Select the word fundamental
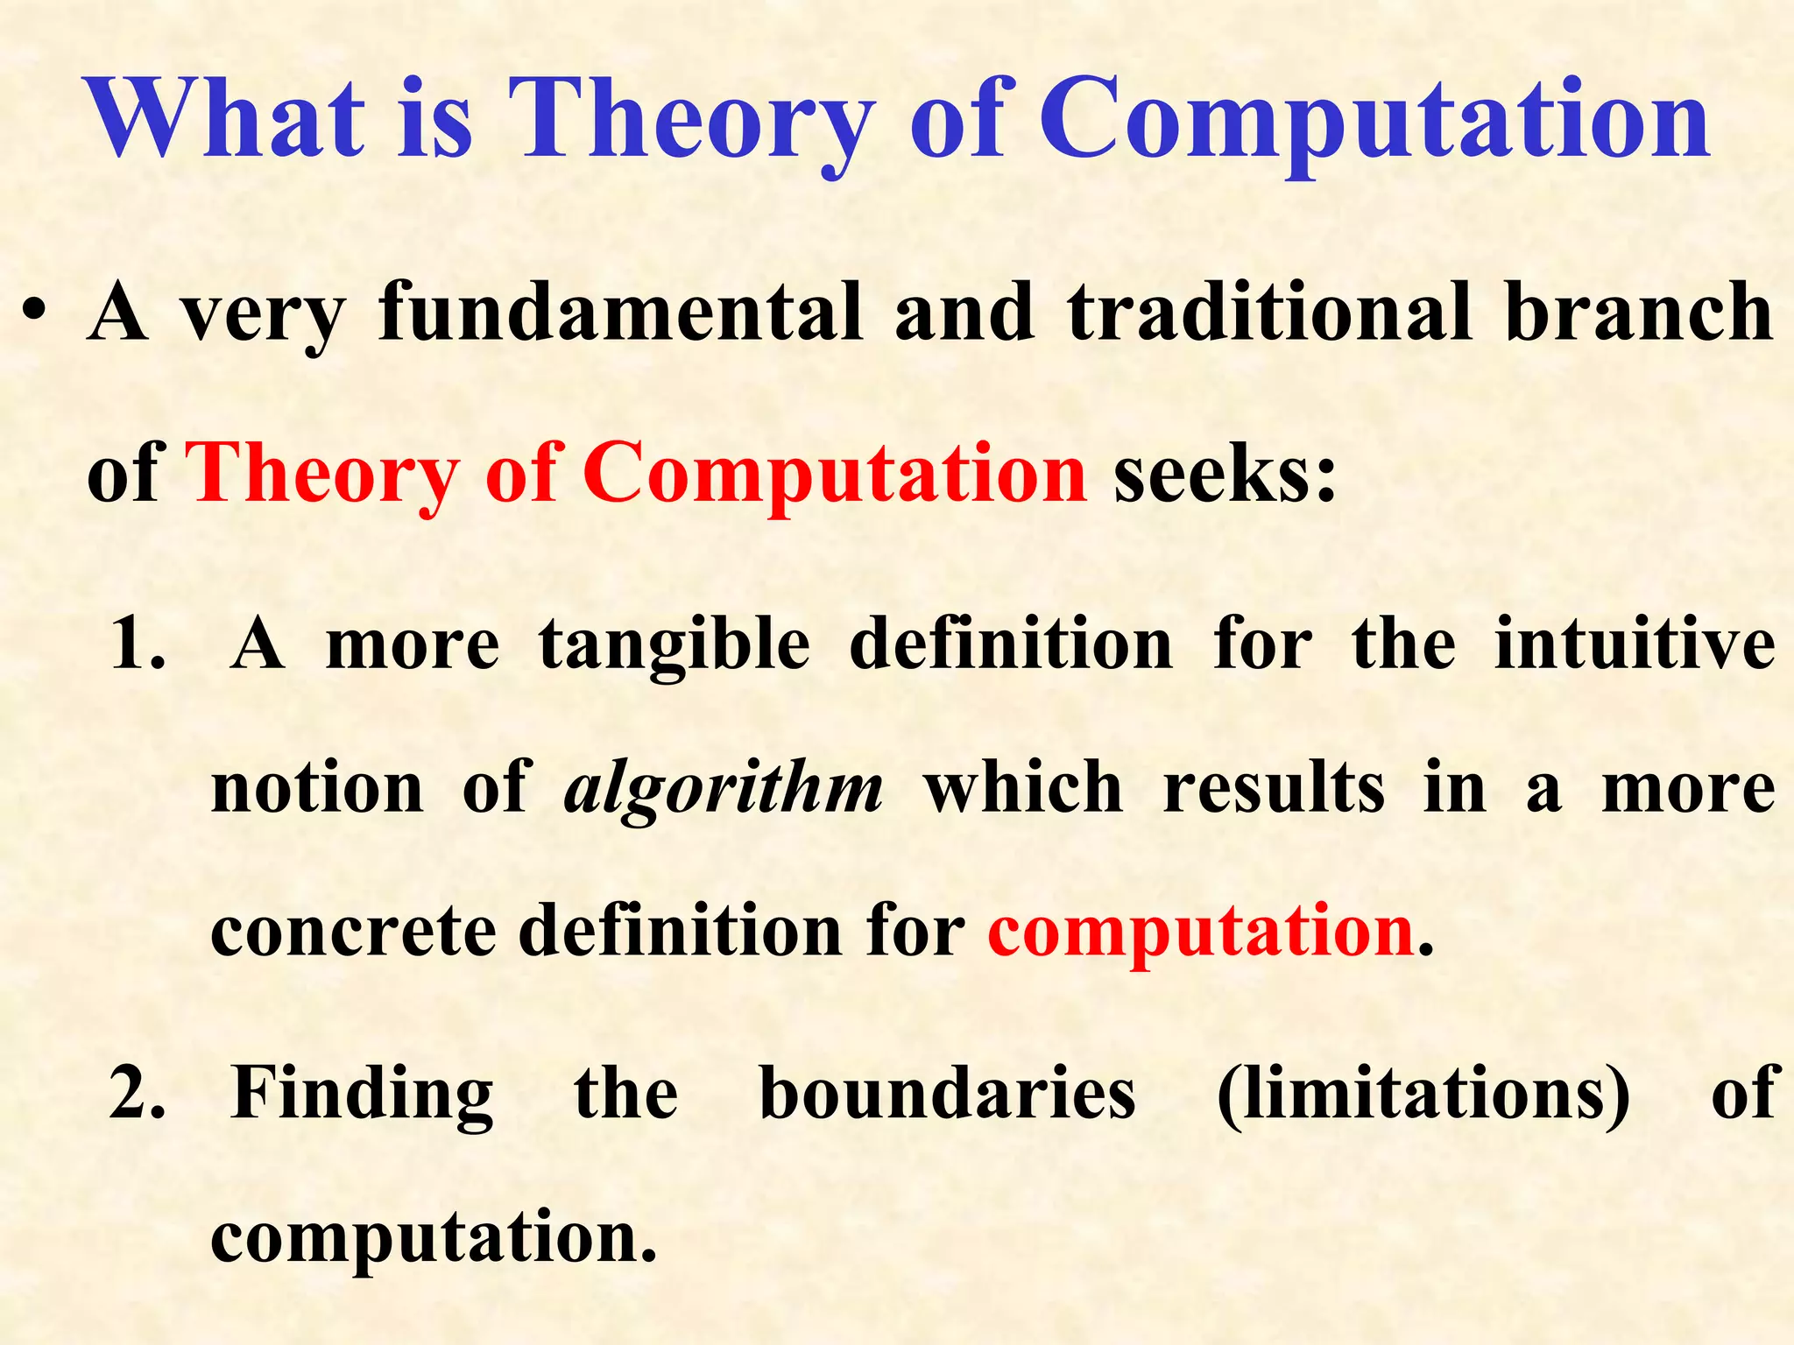click(x=620, y=313)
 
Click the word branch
click(x=1639, y=313)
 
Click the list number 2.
click(x=138, y=1095)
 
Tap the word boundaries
click(x=947, y=1095)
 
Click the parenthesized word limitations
click(x=1423, y=1095)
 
